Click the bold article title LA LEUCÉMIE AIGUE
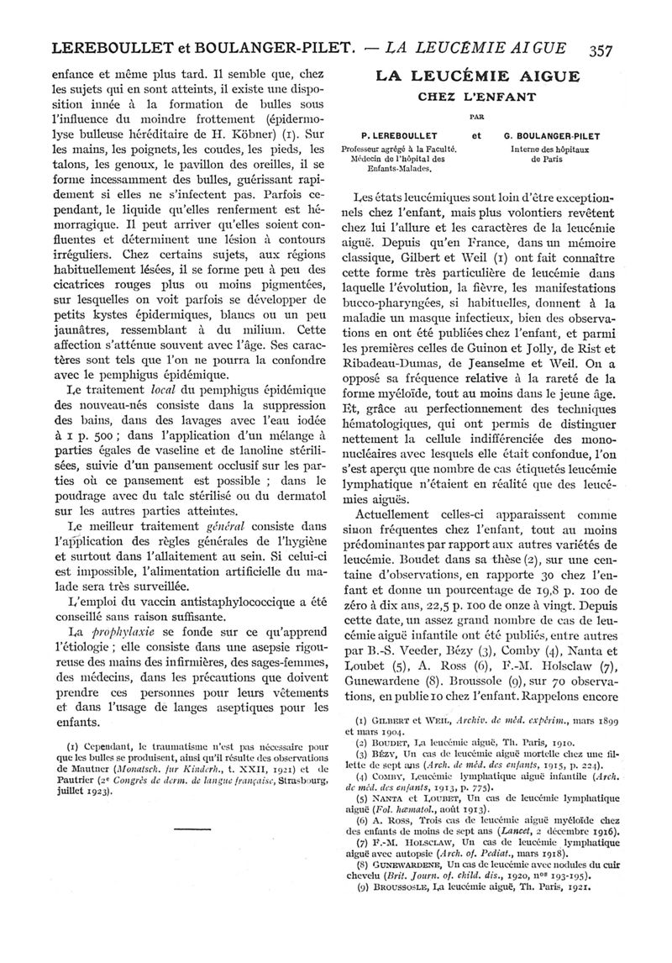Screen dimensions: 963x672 click(x=477, y=76)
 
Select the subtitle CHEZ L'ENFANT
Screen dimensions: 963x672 click(x=477, y=97)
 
